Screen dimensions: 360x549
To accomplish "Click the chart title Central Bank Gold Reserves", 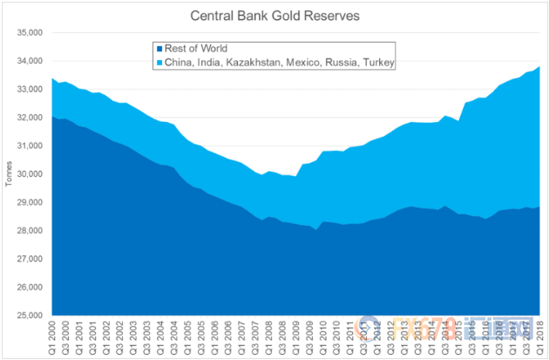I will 274,14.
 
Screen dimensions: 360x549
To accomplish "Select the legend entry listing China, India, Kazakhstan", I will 275,63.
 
